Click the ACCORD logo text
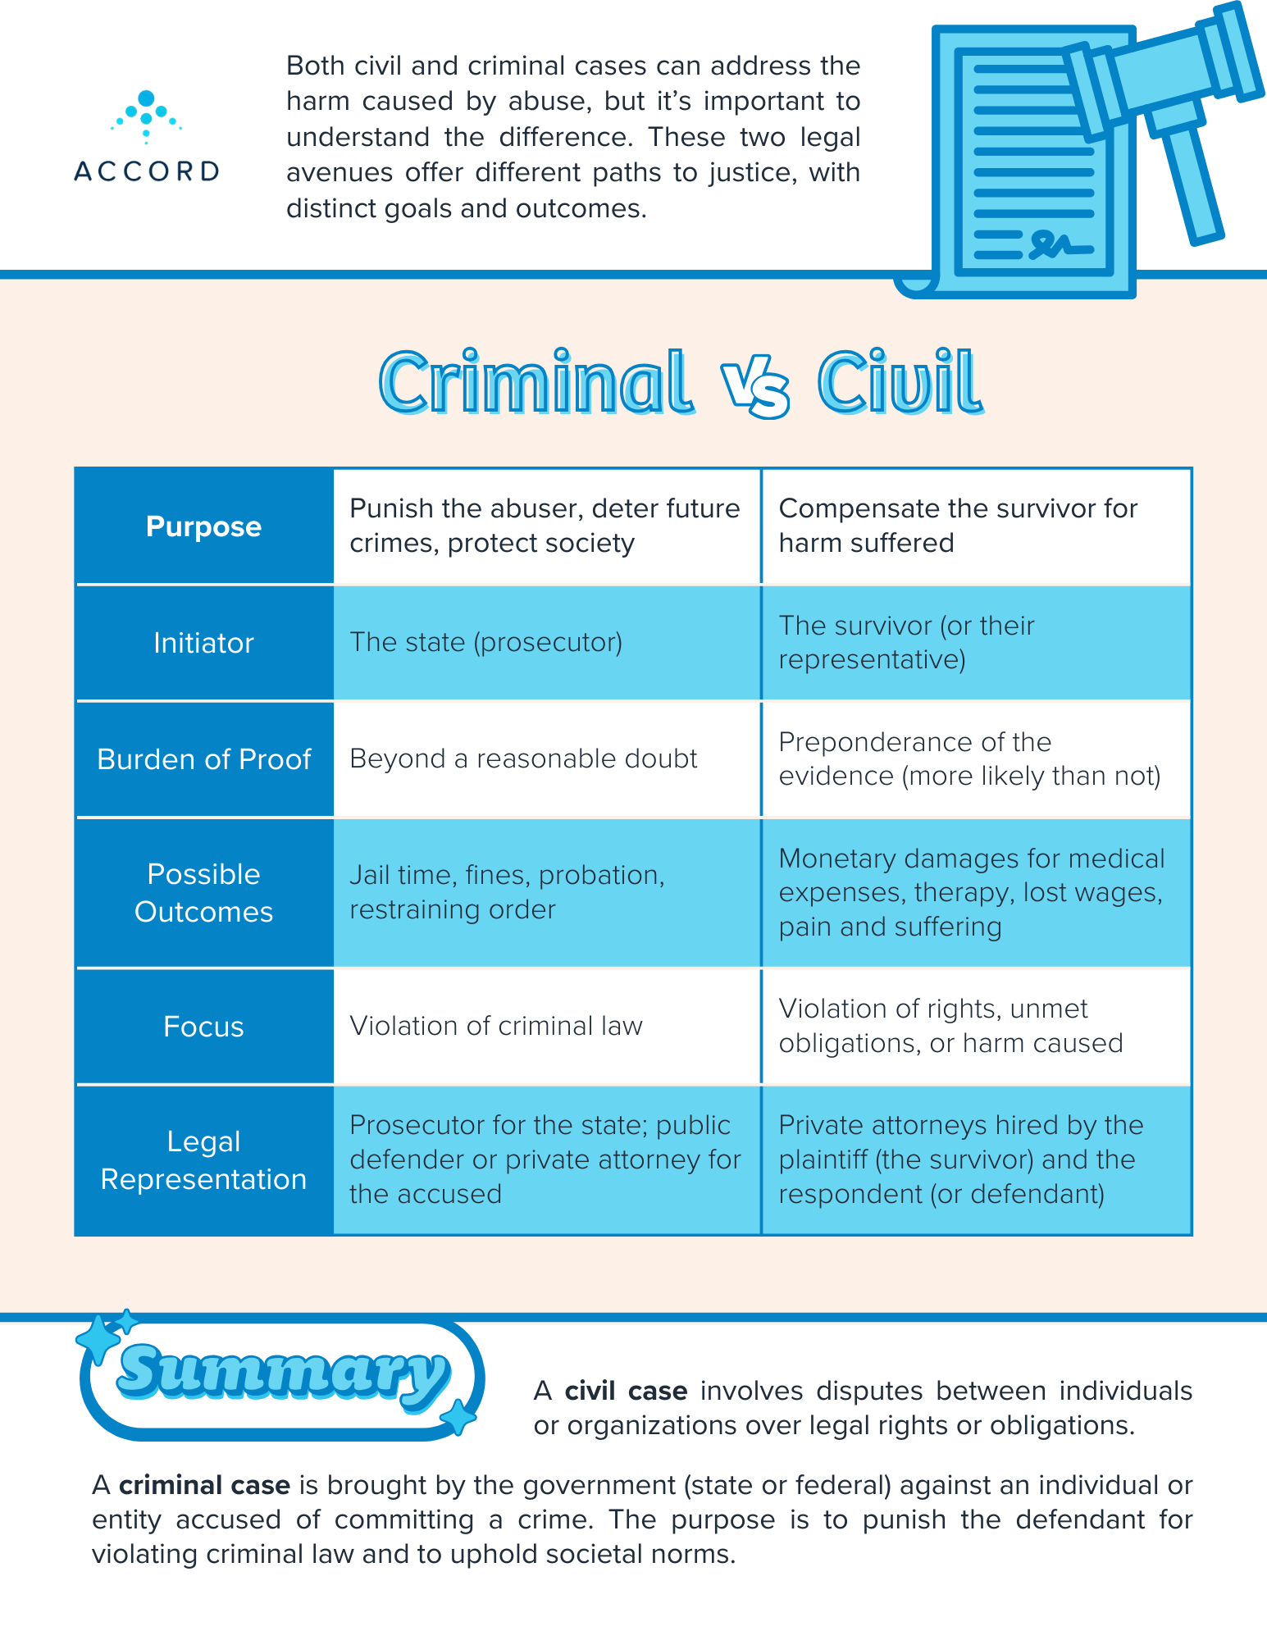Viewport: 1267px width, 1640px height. point(146,171)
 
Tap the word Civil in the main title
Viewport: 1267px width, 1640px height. point(899,383)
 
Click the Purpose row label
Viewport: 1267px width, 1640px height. point(203,526)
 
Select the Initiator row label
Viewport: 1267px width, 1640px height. point(203,643)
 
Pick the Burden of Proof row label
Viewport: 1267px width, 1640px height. point(203,759)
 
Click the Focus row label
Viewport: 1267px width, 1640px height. point(203,1027)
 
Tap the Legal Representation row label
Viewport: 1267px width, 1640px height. point(203,1160)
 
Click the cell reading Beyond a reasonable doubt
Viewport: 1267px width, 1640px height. point(523,759)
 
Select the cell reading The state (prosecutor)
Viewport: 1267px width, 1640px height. point(486,642)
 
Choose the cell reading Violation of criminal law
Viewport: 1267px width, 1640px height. point(496,1026)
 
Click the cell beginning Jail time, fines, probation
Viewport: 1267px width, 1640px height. point(507,892)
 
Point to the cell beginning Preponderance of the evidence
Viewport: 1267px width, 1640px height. point(969,759)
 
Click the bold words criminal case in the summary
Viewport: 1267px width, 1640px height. point(204,1485)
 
